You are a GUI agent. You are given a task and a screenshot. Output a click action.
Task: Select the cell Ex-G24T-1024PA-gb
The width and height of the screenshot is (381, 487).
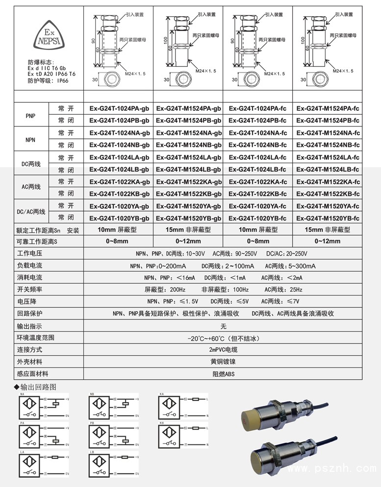pos(119,108)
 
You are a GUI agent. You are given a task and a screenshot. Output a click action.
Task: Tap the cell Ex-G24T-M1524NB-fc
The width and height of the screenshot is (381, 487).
pos(328,145)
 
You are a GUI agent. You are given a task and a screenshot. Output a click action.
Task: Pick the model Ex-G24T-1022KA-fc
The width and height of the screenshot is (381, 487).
pos(258,181)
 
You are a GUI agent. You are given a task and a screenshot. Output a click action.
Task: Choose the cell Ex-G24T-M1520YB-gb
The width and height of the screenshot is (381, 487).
pos(189,218)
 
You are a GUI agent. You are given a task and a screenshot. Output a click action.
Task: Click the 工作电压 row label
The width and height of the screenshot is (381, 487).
pos(30,254)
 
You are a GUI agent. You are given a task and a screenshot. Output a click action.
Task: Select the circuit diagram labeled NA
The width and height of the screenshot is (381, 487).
pos(43,407)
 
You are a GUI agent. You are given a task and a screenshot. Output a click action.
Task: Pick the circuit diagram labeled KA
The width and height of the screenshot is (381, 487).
pos(183,407)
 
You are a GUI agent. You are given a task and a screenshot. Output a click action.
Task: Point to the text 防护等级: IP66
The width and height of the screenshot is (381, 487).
pos(48,80)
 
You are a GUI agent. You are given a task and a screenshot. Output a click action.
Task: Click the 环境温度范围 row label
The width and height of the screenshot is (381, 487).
pos(36,338)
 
